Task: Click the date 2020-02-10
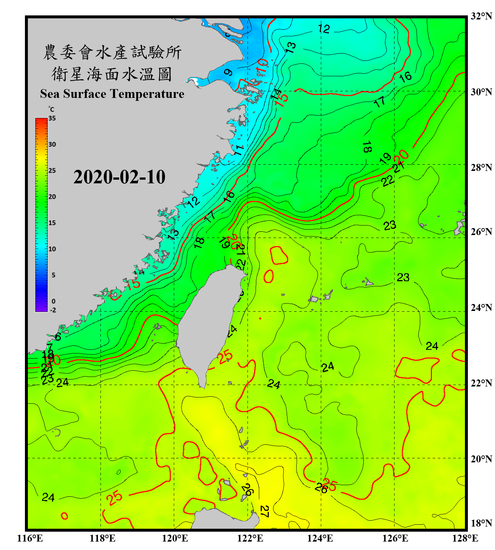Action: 119,177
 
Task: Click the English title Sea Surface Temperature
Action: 112,94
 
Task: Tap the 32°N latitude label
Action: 481,16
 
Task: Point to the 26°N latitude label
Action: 481,232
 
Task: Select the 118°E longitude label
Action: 102,538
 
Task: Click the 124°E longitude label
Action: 320,538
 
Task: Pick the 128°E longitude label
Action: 465,538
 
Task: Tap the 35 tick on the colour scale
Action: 52,118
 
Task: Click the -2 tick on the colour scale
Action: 53,310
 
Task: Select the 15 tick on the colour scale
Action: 52,223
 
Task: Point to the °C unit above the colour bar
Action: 51,109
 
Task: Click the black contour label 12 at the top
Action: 324,29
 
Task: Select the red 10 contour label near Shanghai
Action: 262,66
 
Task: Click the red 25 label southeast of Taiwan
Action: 225,356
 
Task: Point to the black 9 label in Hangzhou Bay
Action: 228,72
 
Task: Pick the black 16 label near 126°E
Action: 405,77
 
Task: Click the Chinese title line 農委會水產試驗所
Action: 112,52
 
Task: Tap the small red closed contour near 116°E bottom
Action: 64,516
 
